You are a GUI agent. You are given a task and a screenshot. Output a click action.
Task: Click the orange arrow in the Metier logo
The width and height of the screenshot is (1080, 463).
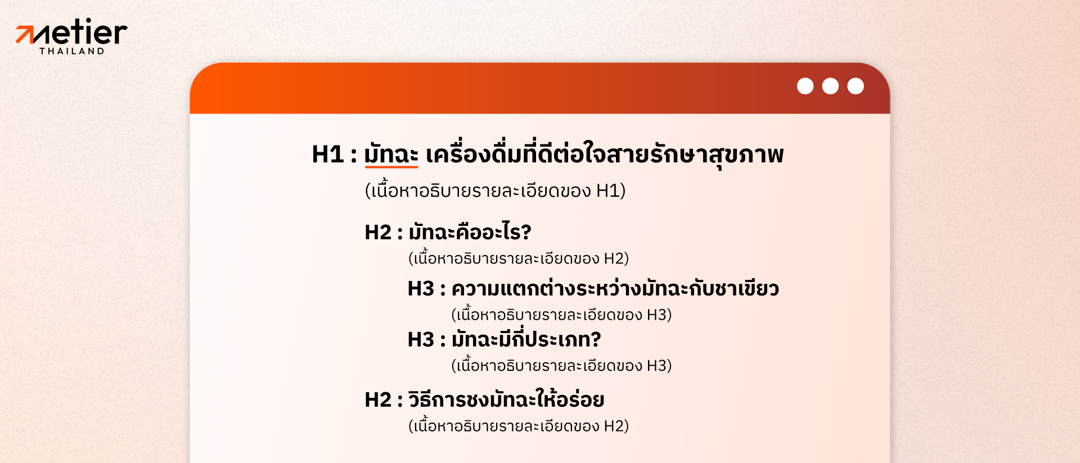coord(25,34)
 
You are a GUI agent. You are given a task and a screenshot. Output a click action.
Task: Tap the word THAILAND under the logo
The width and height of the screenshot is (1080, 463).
coord(72,51)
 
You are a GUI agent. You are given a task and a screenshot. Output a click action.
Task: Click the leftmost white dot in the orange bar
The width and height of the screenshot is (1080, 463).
coord(805,86)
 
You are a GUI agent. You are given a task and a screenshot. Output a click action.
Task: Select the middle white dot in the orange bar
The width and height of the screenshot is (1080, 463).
coord(830,86)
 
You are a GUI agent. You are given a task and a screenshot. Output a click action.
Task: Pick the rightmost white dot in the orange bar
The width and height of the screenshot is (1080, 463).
coord(856,86)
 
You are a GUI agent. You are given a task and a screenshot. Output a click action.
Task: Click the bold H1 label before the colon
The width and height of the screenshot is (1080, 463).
coord(327,155)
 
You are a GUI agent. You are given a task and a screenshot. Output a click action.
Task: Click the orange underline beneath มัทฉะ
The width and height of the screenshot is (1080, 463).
coord(391,167)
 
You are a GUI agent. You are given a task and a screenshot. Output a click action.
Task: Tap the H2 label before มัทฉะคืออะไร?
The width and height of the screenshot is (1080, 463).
coord(378,232)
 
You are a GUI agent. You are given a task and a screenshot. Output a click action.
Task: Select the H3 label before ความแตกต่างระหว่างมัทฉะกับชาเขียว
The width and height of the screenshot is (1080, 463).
coord(421,289)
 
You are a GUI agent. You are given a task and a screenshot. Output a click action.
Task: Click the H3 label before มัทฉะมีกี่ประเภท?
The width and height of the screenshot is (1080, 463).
coord(421,340)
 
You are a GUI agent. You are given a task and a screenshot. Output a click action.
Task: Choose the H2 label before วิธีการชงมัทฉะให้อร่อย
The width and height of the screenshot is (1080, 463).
coord(378,400)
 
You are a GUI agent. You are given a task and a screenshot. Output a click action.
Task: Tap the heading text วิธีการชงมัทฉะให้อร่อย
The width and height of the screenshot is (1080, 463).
coord(506,398)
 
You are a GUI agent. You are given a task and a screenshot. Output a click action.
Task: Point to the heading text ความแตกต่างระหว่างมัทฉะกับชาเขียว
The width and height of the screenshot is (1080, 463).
coord(615,288)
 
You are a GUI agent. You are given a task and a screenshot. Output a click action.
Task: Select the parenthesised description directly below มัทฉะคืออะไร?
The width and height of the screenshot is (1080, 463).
coord(519,258)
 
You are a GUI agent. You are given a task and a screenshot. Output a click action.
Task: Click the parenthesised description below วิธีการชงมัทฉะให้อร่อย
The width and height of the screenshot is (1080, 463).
coord(519,425)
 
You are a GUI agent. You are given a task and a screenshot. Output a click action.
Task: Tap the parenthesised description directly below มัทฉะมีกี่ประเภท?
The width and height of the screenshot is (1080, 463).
coord(561,365)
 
